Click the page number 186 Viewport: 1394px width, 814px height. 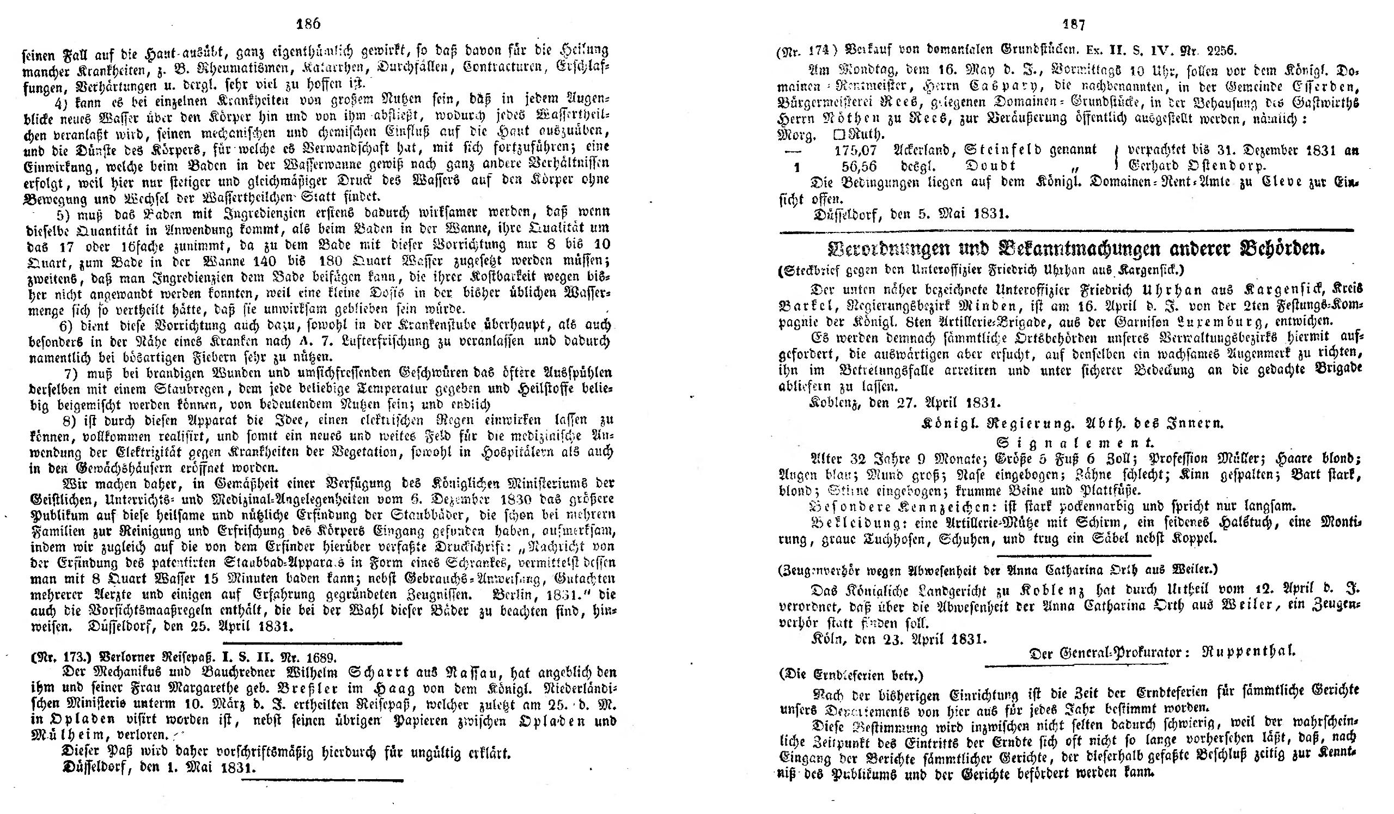[x=309, y=25]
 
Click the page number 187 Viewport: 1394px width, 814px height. [x=1074, y=25]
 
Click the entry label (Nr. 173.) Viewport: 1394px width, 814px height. [x=62, y=658]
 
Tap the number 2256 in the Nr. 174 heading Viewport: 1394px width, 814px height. [x=1216, y=50]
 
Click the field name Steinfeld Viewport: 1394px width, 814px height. [x=1007, y=150]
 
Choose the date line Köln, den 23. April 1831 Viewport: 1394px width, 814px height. [x=899, y=639]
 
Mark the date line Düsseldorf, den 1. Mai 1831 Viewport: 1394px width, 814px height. [x=159, y=768]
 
